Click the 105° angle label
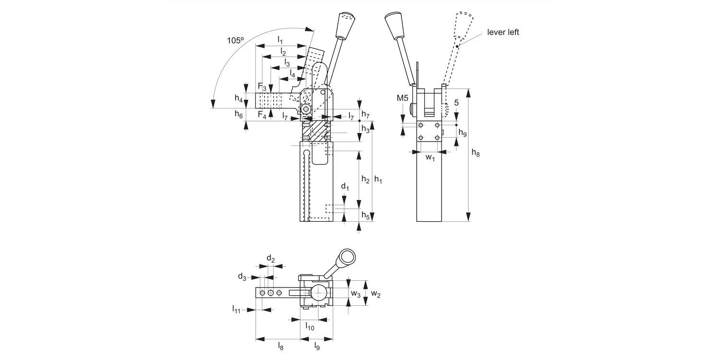click(x=235, y=41)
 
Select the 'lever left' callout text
click(x=503, y=32)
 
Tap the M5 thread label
click(x=403, y=98)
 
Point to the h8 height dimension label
click(x=475, y=153)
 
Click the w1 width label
click(x=430, y=158)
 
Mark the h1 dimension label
click(x=378, y=180)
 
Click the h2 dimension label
click(x=365, y=180)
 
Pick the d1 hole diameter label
click(x=344, y=186)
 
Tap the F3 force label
click(x=262, y=87)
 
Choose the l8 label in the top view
click(x=280, y=346)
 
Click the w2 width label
click(x=376, y=293)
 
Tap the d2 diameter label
click(x=271, y=260)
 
